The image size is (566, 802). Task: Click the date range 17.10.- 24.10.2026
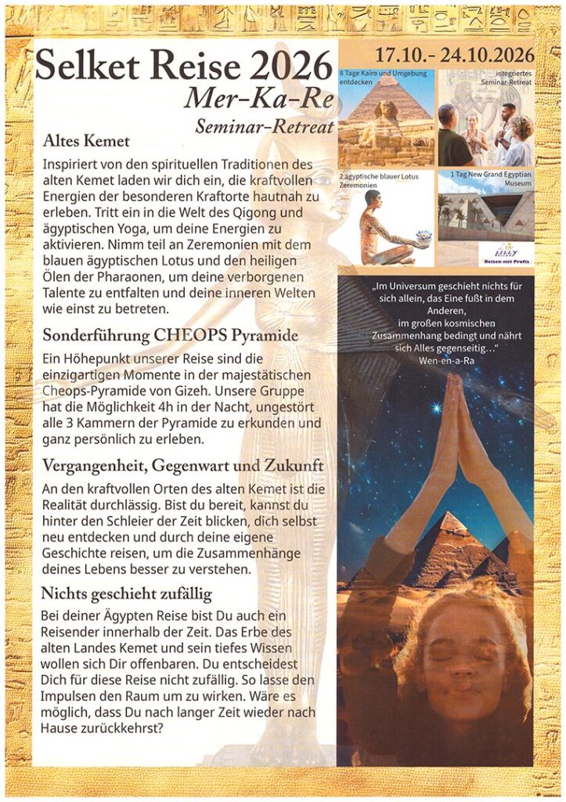(455, 56)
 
